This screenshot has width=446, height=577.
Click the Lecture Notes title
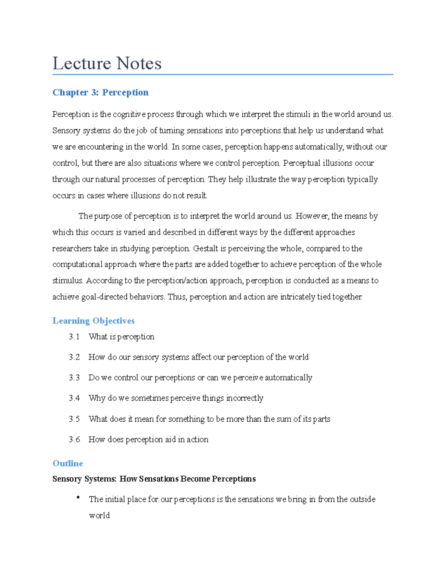pyautogui.click(x=107, y=63)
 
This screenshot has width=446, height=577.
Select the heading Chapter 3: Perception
pyautogui.click(x=100, y=92)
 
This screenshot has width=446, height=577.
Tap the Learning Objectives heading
pyautogui.click(x=93, y=321)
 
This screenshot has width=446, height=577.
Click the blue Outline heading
pyautogui.click(x=68, y=463)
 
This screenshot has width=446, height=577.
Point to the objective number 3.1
pyautogui.click(x=74, y=337)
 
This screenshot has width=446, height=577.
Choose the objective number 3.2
pyautogui.click(x=74, y=357)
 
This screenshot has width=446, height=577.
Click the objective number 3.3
pyautogui.click(x=74, y=377)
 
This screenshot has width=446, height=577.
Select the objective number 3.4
pyautogui.click(x=74, y=398)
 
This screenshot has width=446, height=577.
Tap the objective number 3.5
pyautogui.click(x=74, y=419)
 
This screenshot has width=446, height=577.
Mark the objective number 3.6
pyautogui.click(x=74, y=440)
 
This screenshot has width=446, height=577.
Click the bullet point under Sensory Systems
pyautogui.click(x=78, y=497)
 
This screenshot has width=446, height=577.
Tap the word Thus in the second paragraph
pyautogui.click(x=177, y=297)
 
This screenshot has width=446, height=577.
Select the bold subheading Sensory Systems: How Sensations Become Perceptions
pyautogui.click(x=154, y=479)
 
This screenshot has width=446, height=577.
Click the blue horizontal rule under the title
pyautogui.click(x=223, y=75)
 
